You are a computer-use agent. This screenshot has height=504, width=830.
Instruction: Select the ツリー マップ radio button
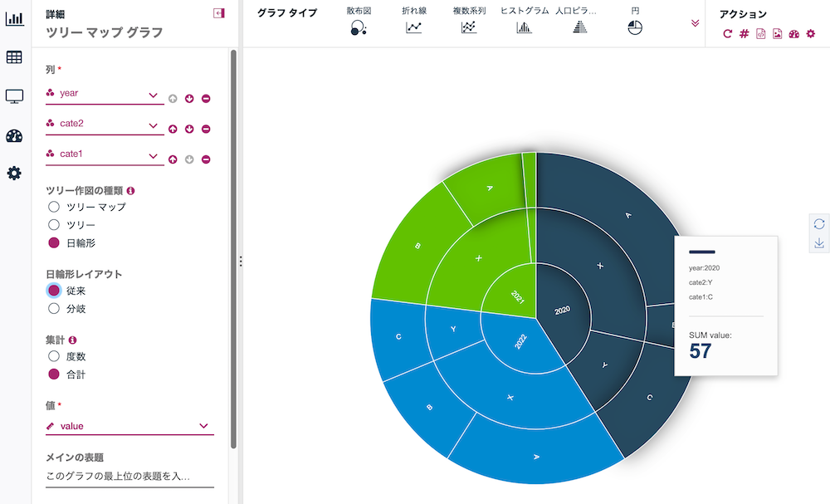click(54, 207)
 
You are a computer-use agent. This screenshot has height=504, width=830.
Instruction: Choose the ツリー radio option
click(54, 225)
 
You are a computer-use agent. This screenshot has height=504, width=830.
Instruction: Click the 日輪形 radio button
click(54, 243)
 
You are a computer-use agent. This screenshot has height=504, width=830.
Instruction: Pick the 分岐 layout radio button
click(54, 309)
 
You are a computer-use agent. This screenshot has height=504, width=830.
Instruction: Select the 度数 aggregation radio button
click(54, 357)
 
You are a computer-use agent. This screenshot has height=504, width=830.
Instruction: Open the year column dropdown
click(105, 95)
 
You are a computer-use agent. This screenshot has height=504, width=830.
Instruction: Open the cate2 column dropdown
click(105, 125)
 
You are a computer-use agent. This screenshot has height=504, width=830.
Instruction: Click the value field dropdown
click(129, 426)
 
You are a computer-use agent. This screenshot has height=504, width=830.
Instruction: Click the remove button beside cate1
click(206, 159)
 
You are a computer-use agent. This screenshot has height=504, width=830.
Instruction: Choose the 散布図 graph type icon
click(358, 27)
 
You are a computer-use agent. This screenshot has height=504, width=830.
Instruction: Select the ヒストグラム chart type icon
click(524, 27)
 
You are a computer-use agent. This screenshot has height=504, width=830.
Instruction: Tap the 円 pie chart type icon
click(636, 27)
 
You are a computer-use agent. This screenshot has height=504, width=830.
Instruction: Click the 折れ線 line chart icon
click(413, 27)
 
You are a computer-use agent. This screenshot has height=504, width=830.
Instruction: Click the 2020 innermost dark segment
click(563, 309)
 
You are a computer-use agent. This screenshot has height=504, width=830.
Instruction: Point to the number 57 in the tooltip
click(701, 350)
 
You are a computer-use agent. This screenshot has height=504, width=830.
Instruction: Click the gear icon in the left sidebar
click(14, 174)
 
